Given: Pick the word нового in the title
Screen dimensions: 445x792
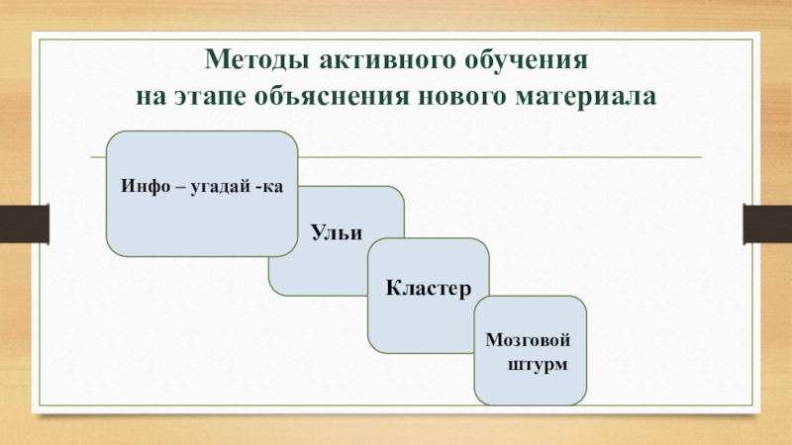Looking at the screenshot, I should point(440,98).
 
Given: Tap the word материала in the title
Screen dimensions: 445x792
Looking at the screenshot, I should point(577,98).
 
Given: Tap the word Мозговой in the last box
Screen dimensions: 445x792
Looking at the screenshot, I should point(529,340).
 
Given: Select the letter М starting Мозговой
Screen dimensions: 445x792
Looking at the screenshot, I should point(492,340).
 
